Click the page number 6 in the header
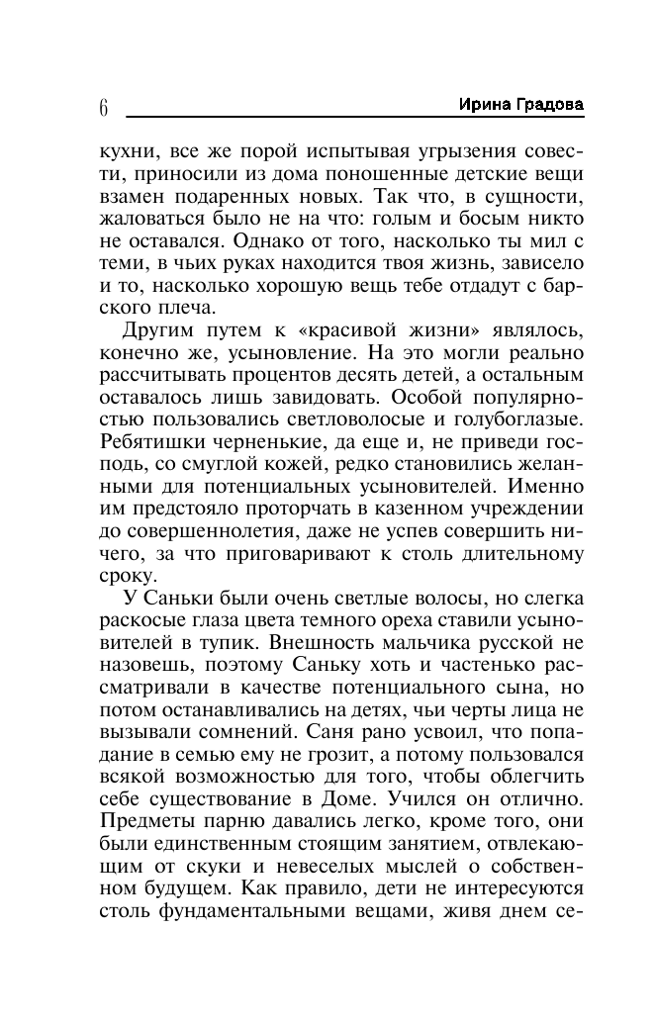[x=103, y=107]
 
